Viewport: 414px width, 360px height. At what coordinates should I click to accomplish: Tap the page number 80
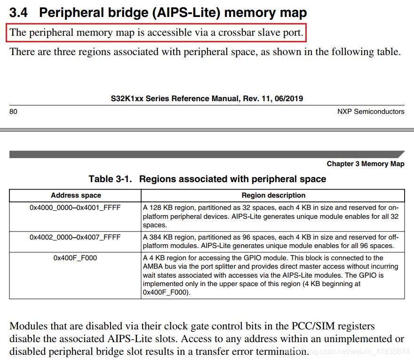(13, 112)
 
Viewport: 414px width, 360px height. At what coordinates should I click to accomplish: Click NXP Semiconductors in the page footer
(371, 112)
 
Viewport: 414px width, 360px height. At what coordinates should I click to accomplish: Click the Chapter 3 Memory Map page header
(366, 164)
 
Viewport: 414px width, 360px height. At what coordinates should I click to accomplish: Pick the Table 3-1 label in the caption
(110, 179)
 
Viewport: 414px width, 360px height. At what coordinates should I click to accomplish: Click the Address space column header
(76, 195)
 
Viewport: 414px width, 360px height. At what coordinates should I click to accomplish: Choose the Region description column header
(273, 195)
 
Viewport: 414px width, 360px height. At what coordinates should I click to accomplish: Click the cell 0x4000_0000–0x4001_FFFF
(75, 208)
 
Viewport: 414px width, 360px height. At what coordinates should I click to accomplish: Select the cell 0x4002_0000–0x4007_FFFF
(75, 237)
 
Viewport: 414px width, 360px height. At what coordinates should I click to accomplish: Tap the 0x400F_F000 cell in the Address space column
(75, 258)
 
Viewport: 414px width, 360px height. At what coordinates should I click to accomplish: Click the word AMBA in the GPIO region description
(153, 266)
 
